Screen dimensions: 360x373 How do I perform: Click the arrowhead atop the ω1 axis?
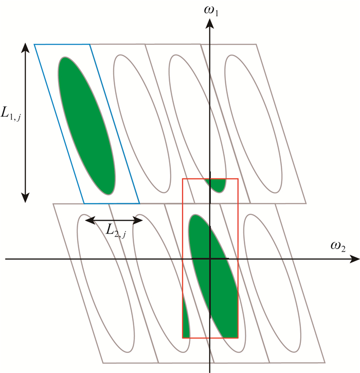click(x=209, y=23)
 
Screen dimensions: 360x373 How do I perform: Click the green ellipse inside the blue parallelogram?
click(x=86, y=125)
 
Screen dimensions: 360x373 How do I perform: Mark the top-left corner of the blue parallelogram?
click(x=34, y=45)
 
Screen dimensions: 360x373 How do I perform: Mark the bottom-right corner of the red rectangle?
click(x=238, y=338)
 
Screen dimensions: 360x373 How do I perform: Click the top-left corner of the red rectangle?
click(x=183, y=179)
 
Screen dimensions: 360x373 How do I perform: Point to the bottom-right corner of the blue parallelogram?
click(x=139, y=202)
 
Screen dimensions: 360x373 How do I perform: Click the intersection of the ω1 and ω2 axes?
click(x=209, y=259)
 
